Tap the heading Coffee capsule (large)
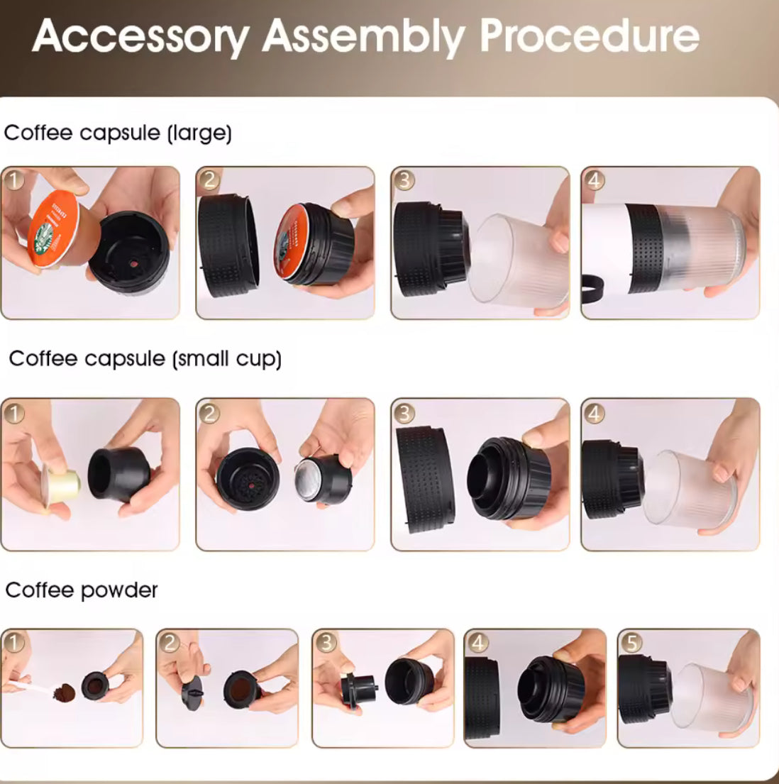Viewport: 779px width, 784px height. pyautogui.click(x=118, y=133)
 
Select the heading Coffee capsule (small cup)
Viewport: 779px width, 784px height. pyautogui.click(x=145, y=358)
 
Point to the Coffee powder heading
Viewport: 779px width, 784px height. pyautogui.click(x=82, y=590)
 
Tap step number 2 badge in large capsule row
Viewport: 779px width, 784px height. pyautogui.click(x=209, y=180)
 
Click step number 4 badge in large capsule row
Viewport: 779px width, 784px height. pyautogui.click(x=594, y=180)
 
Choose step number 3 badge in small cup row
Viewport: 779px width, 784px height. pyautogui.click(x=404, y=412)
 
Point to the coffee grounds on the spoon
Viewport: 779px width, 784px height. pyautogui.click(x=65, y=690)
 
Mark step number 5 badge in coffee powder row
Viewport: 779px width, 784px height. pyautogui.click(x=631, y=643)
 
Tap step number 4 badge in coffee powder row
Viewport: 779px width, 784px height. pyautogui.click(x=478, y=643)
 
